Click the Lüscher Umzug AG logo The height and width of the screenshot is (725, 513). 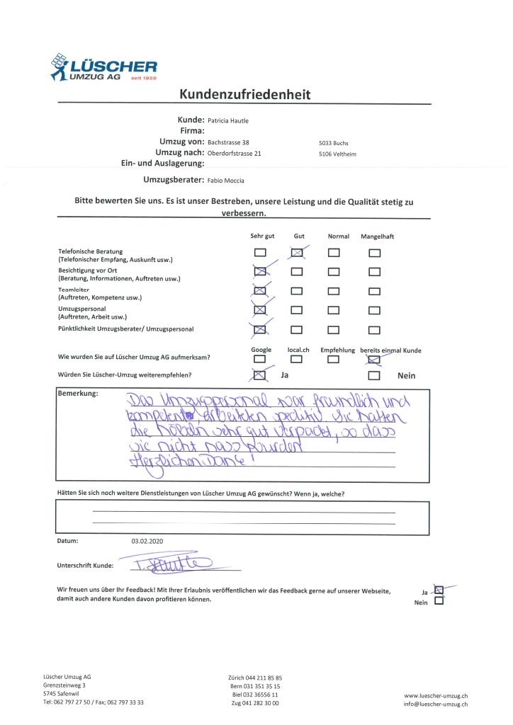[103, 67]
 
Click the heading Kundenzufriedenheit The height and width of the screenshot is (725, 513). [244, 94]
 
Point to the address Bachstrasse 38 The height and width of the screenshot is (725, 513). [228, 142]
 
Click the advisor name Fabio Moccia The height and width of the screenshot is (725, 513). [230, 181]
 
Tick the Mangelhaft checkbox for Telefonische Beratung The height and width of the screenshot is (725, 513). [375, 253]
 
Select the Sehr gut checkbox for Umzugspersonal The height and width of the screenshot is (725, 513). [261, 309]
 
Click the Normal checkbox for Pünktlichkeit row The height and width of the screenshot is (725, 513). [334, 329]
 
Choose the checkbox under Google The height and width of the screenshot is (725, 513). [261, 359]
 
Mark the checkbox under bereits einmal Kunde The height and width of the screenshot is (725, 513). [375, 359]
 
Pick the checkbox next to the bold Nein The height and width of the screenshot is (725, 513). [375, 376]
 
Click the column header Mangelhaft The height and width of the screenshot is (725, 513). [378, 236]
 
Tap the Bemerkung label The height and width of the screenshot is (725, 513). [78, 394]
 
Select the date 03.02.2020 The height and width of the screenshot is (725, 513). [147, 542]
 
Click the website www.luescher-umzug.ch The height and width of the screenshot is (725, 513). [436, 696]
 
